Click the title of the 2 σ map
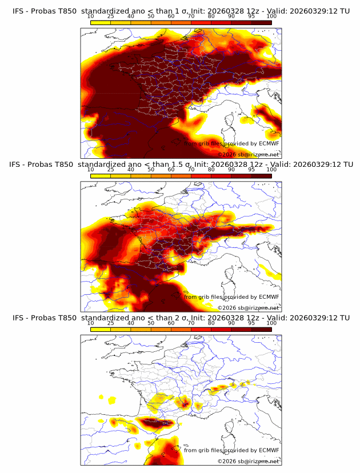point(181,318)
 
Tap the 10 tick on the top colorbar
point(91,16)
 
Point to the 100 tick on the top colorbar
point(271,16)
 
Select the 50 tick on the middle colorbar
point(151,170)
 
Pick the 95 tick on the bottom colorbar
point(251,323)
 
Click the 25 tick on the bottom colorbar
point(111,323)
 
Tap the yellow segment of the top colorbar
point(101,22)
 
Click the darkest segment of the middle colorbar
point(261,176)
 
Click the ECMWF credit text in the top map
point(231,143)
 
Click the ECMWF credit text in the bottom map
point(231,451)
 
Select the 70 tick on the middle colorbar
point(191,170)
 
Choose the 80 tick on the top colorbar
point(211,16)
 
